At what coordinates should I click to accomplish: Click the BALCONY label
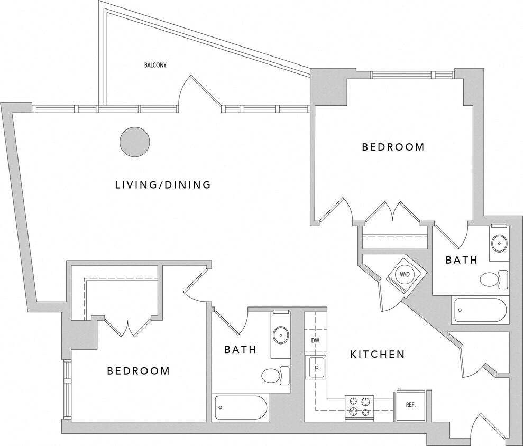(x=155, y=66)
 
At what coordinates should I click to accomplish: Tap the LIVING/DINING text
(x=163, y=185)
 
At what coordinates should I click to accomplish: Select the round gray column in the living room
(x=134, y=142)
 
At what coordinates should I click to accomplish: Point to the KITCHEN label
(x=378, y=354)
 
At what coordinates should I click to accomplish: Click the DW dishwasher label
(x=315, y=340)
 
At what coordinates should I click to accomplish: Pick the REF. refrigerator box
(x=411, y=405)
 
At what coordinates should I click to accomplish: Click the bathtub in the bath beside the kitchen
(x=241, y=407)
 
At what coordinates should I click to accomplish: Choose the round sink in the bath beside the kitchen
(x=280, y=334)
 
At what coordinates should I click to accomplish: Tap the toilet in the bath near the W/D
(x=493, y=279)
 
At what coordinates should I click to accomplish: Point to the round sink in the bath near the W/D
(x=499, y=244)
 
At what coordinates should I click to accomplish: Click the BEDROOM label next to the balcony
(x=393, y=147)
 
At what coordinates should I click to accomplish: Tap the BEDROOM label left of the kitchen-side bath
(x=139, y=371)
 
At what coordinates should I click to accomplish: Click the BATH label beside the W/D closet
(x=461, y=260)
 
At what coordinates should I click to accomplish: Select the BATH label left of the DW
(x=240, y=349)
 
